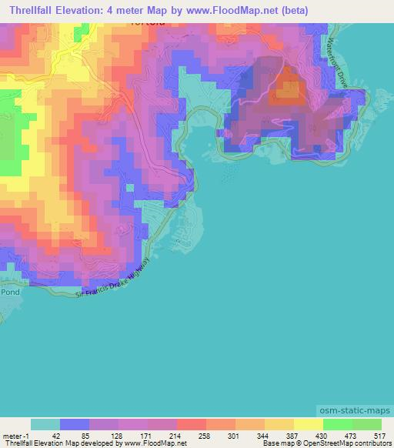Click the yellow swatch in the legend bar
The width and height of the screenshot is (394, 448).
pos(308,424)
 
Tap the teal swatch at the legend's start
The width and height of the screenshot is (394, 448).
pos(45,424)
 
